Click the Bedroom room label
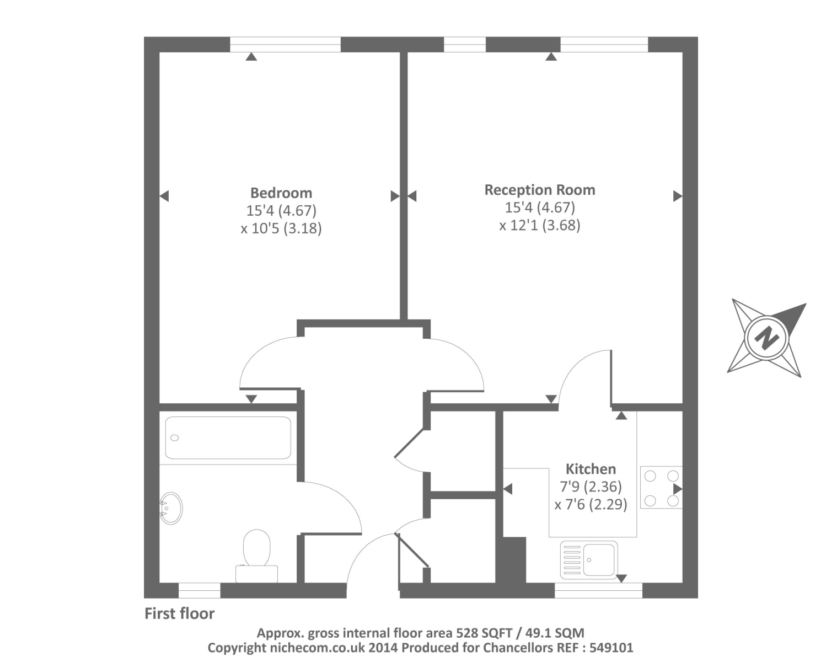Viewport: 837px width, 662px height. click(281, 193)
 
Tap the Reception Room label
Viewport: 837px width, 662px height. click(539, 190)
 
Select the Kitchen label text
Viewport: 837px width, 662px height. click(591, 469)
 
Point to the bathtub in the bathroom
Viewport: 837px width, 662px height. click(228, 438)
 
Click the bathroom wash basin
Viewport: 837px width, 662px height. click(171, 508)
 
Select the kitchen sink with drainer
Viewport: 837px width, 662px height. click(589, 559)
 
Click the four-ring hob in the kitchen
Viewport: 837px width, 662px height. click(661, 488)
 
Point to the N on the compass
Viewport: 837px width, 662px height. click(766, 338)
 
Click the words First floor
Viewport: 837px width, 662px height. click(179, 614)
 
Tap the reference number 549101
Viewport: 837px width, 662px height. click(611, 648)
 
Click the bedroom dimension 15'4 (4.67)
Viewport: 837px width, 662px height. click(281, 211)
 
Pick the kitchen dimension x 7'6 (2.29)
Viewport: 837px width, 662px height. click(591, 504)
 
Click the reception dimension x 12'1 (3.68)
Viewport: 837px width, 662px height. click(540, 225)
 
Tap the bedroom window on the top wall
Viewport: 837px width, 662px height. click(285, 44)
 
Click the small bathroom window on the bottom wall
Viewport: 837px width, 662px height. click(199, 590)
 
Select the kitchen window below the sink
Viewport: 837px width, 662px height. click(598, 590)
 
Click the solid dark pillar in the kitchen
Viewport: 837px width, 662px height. click(514, 560)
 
